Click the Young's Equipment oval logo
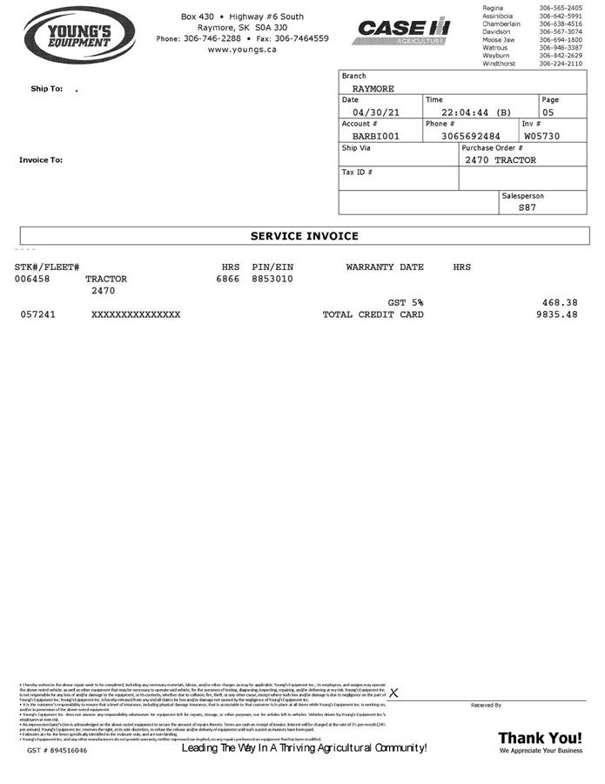coord(79,37)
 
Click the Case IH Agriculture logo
coord(401,32)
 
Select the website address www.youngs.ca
coord(242,50)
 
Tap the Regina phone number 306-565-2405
coord(561,8)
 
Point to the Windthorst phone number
coord(561,64)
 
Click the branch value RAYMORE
coord(373,89)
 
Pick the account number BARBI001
coord(376,137)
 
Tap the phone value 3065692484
coord(471,137)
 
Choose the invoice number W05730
coord(541,137)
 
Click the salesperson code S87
coord(528,207)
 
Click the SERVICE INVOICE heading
coord(304,236)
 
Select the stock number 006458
coord(32,279)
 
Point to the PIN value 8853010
coord(272,279)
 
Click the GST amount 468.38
coord(559,302)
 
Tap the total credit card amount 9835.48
coord(557,314)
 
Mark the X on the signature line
coord(393,693)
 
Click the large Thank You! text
coord(540,738)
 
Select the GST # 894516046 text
coord(57,750)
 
